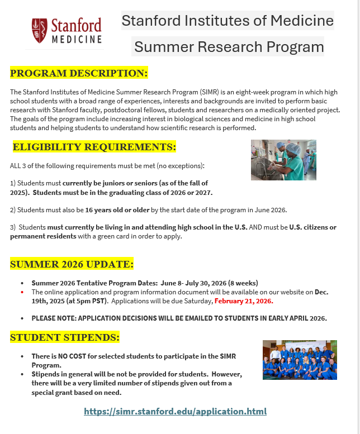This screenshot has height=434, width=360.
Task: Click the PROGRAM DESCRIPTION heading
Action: [79, 73]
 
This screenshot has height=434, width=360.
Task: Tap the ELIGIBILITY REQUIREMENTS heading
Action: [94, 147]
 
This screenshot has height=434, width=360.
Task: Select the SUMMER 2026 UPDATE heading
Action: [72, 264]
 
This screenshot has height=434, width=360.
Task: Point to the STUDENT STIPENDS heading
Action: [65, 337]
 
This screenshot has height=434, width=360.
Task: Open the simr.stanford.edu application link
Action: [175, 412]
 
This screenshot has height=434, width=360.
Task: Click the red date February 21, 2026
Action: [244, 301]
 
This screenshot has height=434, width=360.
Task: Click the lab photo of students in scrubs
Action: [283, 160]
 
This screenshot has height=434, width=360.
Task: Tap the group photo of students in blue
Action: [300, 360]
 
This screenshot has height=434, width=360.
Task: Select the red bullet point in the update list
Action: [22, 292]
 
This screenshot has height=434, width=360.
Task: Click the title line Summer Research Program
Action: [229, 46]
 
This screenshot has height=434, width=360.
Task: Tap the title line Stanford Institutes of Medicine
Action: [228, 21]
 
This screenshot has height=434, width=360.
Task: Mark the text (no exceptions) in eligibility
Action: [182, 166]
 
